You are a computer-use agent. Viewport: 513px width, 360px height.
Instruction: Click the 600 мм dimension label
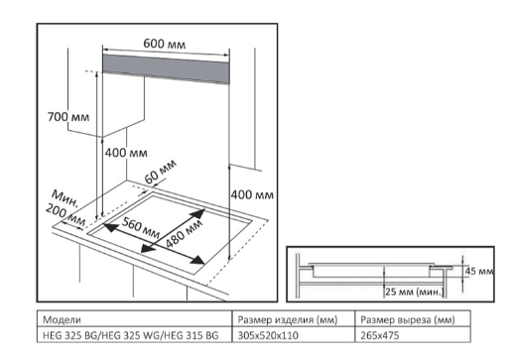point(165,44)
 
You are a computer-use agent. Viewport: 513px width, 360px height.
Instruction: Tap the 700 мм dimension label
point(68,117)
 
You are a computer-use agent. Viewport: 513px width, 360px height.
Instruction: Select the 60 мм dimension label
point(160,172)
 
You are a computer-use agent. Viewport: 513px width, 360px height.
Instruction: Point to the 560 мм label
point(141,227)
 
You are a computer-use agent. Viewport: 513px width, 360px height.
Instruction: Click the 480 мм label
point(184,234)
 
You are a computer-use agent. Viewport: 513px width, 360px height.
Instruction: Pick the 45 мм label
point(479,272)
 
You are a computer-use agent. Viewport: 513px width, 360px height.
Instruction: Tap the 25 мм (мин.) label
point(414,292)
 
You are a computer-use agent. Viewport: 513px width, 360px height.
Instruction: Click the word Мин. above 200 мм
point(65,198)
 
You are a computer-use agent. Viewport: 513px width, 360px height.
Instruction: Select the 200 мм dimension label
point(65,215)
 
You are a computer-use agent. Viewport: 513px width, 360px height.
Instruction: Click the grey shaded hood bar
point(166,69)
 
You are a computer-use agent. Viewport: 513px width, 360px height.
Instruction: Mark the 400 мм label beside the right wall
point(252,194)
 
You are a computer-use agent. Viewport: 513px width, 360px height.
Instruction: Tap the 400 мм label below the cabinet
point(126,153)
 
